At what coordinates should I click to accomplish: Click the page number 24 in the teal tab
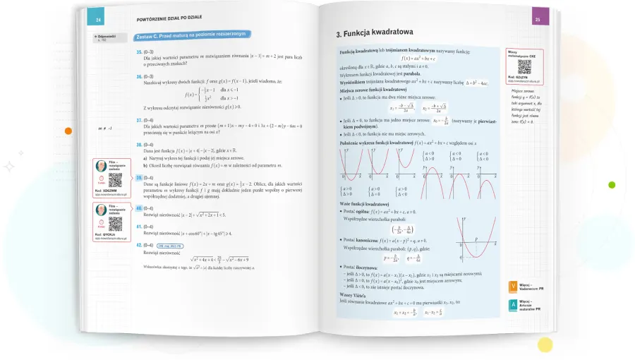(x=99, y=20)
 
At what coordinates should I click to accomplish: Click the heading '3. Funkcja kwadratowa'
(x=374, y=32)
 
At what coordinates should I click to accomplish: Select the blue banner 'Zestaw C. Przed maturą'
(x=192, y=35)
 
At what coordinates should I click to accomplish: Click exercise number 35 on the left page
(x=139, y=52)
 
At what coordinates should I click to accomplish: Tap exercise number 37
(x=139, y=120)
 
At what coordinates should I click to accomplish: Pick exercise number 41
(x=139, y=227)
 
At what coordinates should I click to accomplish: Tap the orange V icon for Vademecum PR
(x=512, y=287)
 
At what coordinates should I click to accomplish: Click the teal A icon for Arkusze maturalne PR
(x=512, y=306)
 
